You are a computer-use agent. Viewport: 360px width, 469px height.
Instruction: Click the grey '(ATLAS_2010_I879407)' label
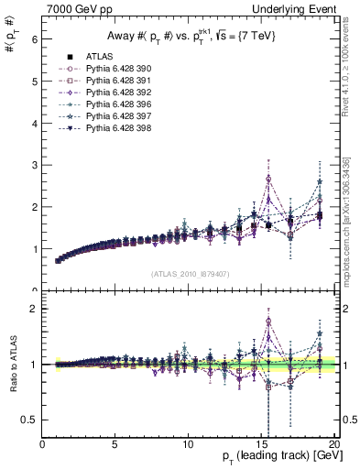[x=190, y=274]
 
